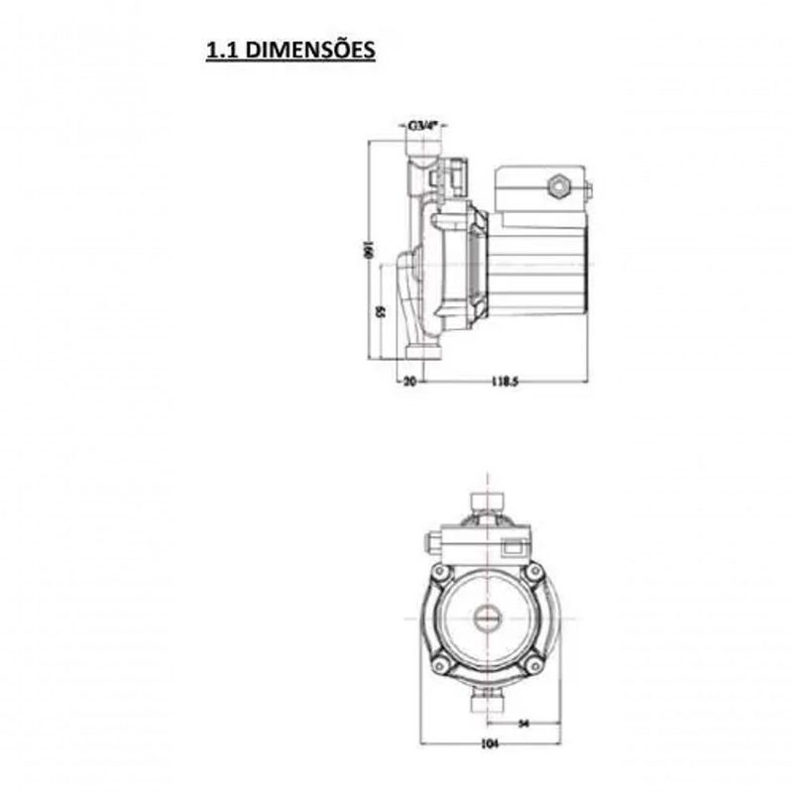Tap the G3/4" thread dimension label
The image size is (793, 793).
(424, 127)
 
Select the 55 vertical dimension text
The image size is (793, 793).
(382, 311)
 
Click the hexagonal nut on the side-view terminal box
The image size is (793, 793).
(558, 185)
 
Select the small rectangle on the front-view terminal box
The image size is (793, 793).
(515, 543)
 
